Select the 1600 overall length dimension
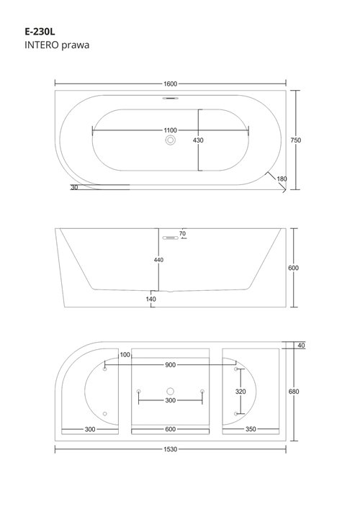click(170, 84)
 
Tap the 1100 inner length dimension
click(171, 130)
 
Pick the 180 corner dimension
click(282, 179)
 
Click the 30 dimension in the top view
click(75, 187)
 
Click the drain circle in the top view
click(171, 140)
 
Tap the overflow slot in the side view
click(171, 235)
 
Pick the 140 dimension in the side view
click(150, 298)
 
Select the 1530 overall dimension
click(171, 449)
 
